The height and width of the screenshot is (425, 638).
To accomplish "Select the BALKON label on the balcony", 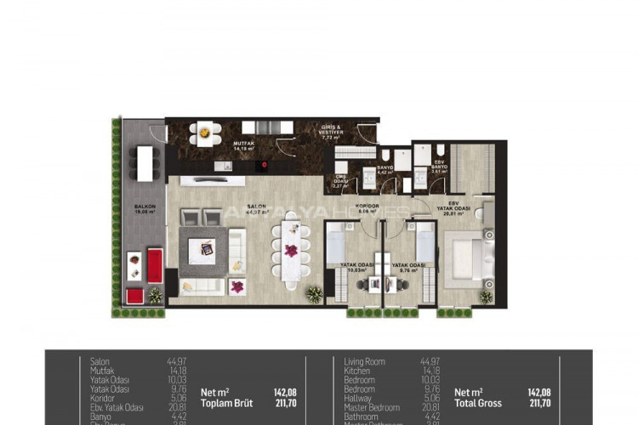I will coord(143,207).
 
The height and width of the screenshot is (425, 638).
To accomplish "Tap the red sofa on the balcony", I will coord(155,265).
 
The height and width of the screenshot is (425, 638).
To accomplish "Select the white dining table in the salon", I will coord(291,252).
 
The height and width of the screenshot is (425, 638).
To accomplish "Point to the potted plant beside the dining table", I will coord(315,294).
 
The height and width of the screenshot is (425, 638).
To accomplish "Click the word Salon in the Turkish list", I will coord(100,361).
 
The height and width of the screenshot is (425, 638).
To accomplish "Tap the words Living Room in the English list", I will coord(364,361).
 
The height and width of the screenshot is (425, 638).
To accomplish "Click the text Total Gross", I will coord(478,404).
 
